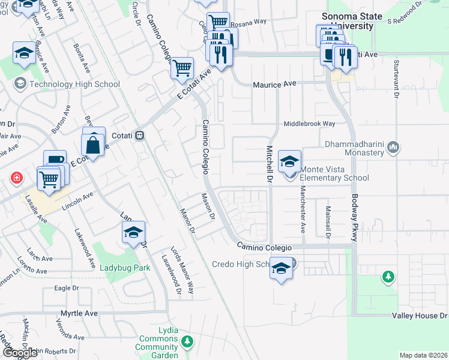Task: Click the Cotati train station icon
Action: pos(139,136)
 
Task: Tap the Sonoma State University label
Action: pos(348,21)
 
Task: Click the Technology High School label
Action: pos(74,84)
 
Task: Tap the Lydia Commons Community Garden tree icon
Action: pos(188,341)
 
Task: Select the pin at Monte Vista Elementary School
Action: pos(289,161)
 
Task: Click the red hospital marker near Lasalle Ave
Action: pos(16,178)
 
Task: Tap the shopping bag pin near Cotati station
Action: pos(94,144)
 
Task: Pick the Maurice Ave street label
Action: pos(276,85)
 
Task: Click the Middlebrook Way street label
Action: pos(309,124)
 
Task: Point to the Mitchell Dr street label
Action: pos(269,164)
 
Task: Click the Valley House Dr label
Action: pos(420,315)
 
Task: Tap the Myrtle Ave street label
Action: pos(79,313)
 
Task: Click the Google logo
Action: pos(20,353)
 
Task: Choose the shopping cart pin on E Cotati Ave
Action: pos(182,68)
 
